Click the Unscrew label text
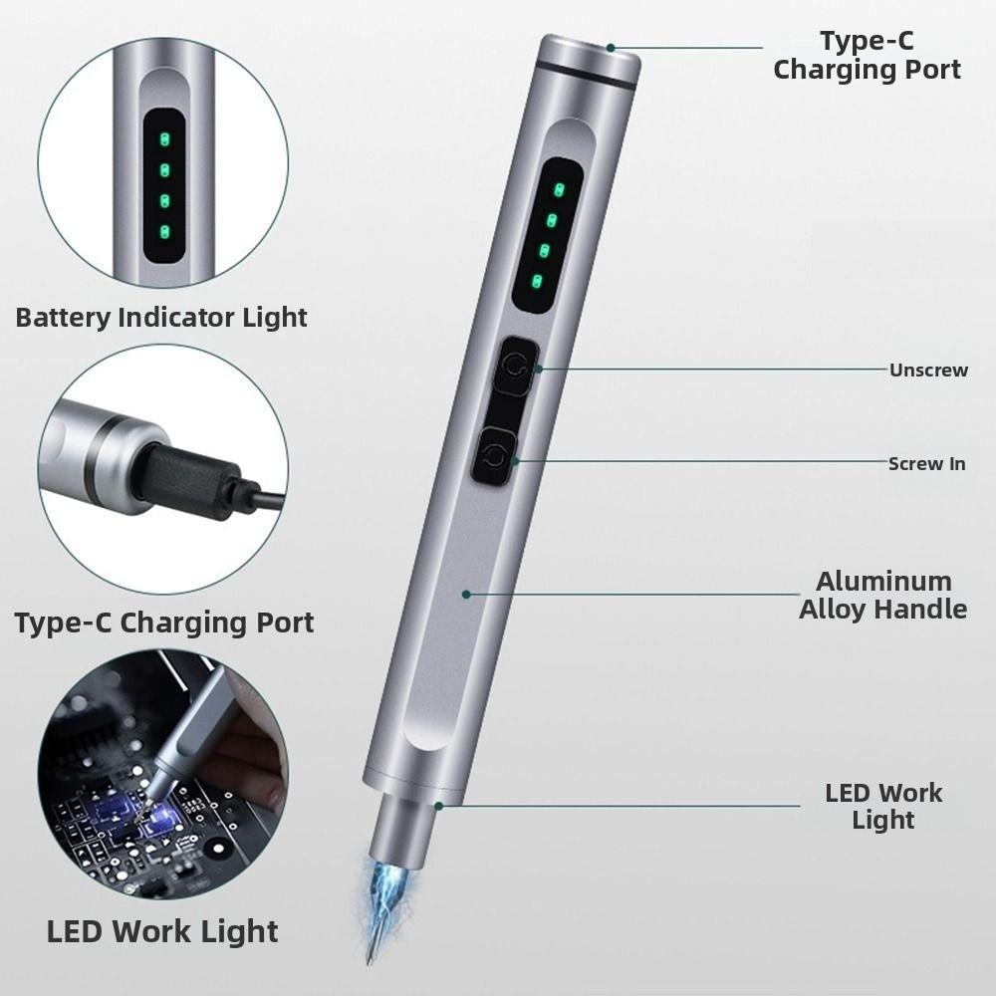coord(928,371)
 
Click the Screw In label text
coord(926,463)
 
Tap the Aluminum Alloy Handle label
coord(882,596)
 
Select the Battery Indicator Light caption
coord(161,318)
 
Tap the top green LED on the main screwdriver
coord(559,189)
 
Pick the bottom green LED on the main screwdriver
coord(538,283)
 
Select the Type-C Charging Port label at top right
coord(867,56)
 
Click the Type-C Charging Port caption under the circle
coord(164,622)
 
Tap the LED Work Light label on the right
coord(882,807)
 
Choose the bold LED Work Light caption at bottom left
coord(162,931)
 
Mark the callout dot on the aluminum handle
coord(465,594)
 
